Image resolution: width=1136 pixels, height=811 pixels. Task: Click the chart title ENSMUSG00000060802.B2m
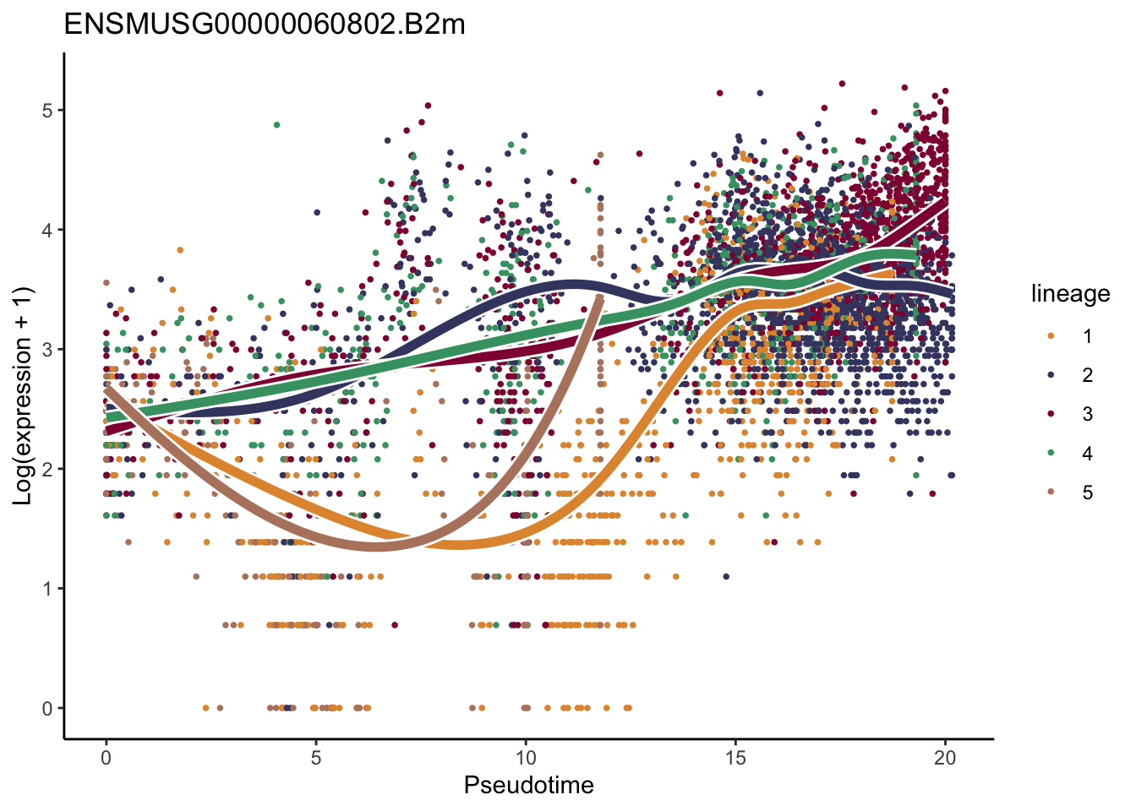[265, 24]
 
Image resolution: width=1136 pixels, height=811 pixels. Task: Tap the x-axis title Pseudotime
[528, 785]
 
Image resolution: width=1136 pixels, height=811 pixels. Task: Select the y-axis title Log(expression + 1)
[23, 396]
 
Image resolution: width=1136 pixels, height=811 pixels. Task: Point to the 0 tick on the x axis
[106, 758]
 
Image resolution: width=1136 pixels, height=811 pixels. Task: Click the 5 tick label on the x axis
[315, 758]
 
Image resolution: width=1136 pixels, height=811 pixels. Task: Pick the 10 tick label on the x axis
[526, 758]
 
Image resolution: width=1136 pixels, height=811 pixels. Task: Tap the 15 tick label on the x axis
[735, 758]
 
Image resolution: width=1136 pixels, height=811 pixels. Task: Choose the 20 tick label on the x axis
[945, 758]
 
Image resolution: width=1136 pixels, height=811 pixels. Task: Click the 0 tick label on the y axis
[47, 709]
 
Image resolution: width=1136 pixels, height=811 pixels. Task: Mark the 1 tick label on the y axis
[47, 589]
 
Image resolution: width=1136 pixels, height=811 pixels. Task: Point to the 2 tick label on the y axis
[47, 469]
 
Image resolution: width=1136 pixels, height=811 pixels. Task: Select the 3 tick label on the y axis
[47, 350]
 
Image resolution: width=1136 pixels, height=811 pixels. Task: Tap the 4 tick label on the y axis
[47, 230]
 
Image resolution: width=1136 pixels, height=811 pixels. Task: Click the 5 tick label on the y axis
[47, 111]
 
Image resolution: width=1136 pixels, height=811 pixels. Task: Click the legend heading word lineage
[1070, 294]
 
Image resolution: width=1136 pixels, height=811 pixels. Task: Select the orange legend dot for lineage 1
[1051, 336]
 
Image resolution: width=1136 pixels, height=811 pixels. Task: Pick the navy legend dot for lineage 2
[1051, 375]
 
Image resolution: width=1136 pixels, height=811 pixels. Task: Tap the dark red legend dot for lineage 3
[1051, 414]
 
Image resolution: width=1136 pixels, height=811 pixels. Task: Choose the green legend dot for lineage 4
[1051, 454]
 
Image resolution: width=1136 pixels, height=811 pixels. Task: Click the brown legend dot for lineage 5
[1051, 493]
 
